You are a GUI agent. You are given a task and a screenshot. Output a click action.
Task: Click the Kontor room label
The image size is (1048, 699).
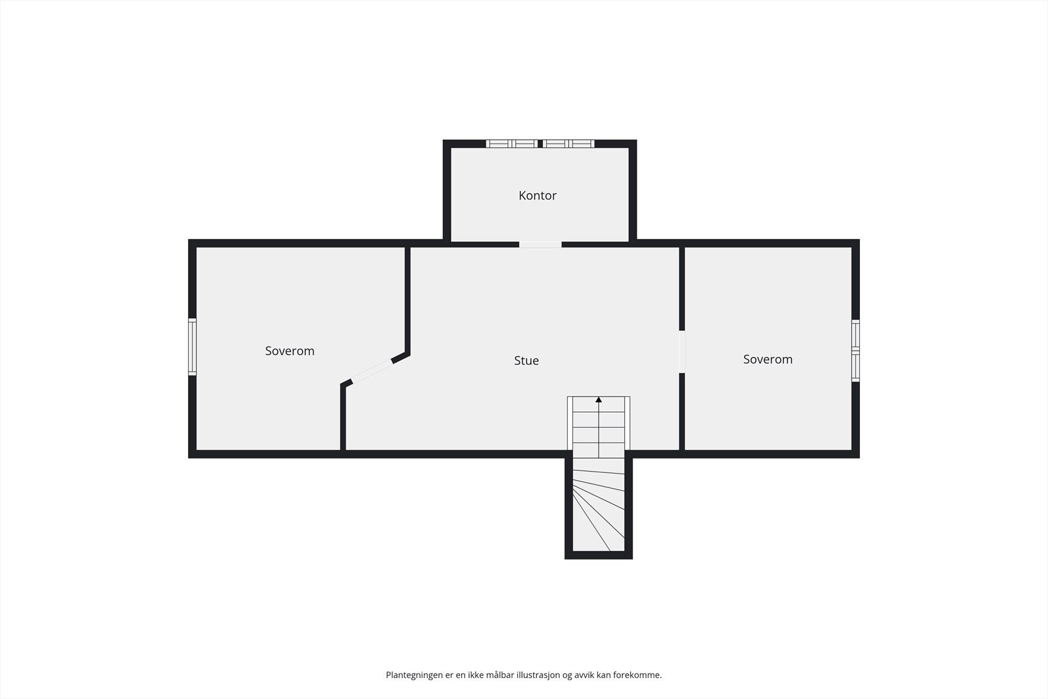coord(537,196)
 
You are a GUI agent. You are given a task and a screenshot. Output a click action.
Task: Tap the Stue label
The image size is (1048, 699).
coord(527,361)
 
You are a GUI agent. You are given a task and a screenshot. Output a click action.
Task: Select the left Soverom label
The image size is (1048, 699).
coord(290,351)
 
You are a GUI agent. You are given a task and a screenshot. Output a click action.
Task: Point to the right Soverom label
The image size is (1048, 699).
coord(768,359)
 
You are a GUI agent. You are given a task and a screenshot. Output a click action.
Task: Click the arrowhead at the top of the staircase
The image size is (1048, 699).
coord(599,400)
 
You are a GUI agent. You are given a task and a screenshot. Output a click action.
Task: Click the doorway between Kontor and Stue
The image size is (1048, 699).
coord(540,245)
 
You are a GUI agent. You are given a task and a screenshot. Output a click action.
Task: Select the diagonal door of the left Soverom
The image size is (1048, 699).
coord(371,371)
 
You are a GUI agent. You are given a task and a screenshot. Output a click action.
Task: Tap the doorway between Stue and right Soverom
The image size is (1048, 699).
coord(682,352)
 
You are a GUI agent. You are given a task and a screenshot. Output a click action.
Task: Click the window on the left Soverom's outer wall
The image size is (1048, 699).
coord(193,347)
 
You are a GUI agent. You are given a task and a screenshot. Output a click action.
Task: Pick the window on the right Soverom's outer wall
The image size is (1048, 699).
coord(855,350)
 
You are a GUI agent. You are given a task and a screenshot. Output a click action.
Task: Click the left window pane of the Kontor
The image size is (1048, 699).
coord(512,143)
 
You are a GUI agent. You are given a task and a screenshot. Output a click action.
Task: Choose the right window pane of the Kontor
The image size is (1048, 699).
coord(569,143)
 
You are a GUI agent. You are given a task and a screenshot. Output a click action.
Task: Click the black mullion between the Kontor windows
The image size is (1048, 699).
coord(540,143)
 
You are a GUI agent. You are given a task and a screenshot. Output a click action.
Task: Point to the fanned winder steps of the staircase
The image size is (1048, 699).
coord(599,510)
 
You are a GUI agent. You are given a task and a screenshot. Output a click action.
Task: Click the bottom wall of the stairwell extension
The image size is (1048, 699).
coord(599,555)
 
